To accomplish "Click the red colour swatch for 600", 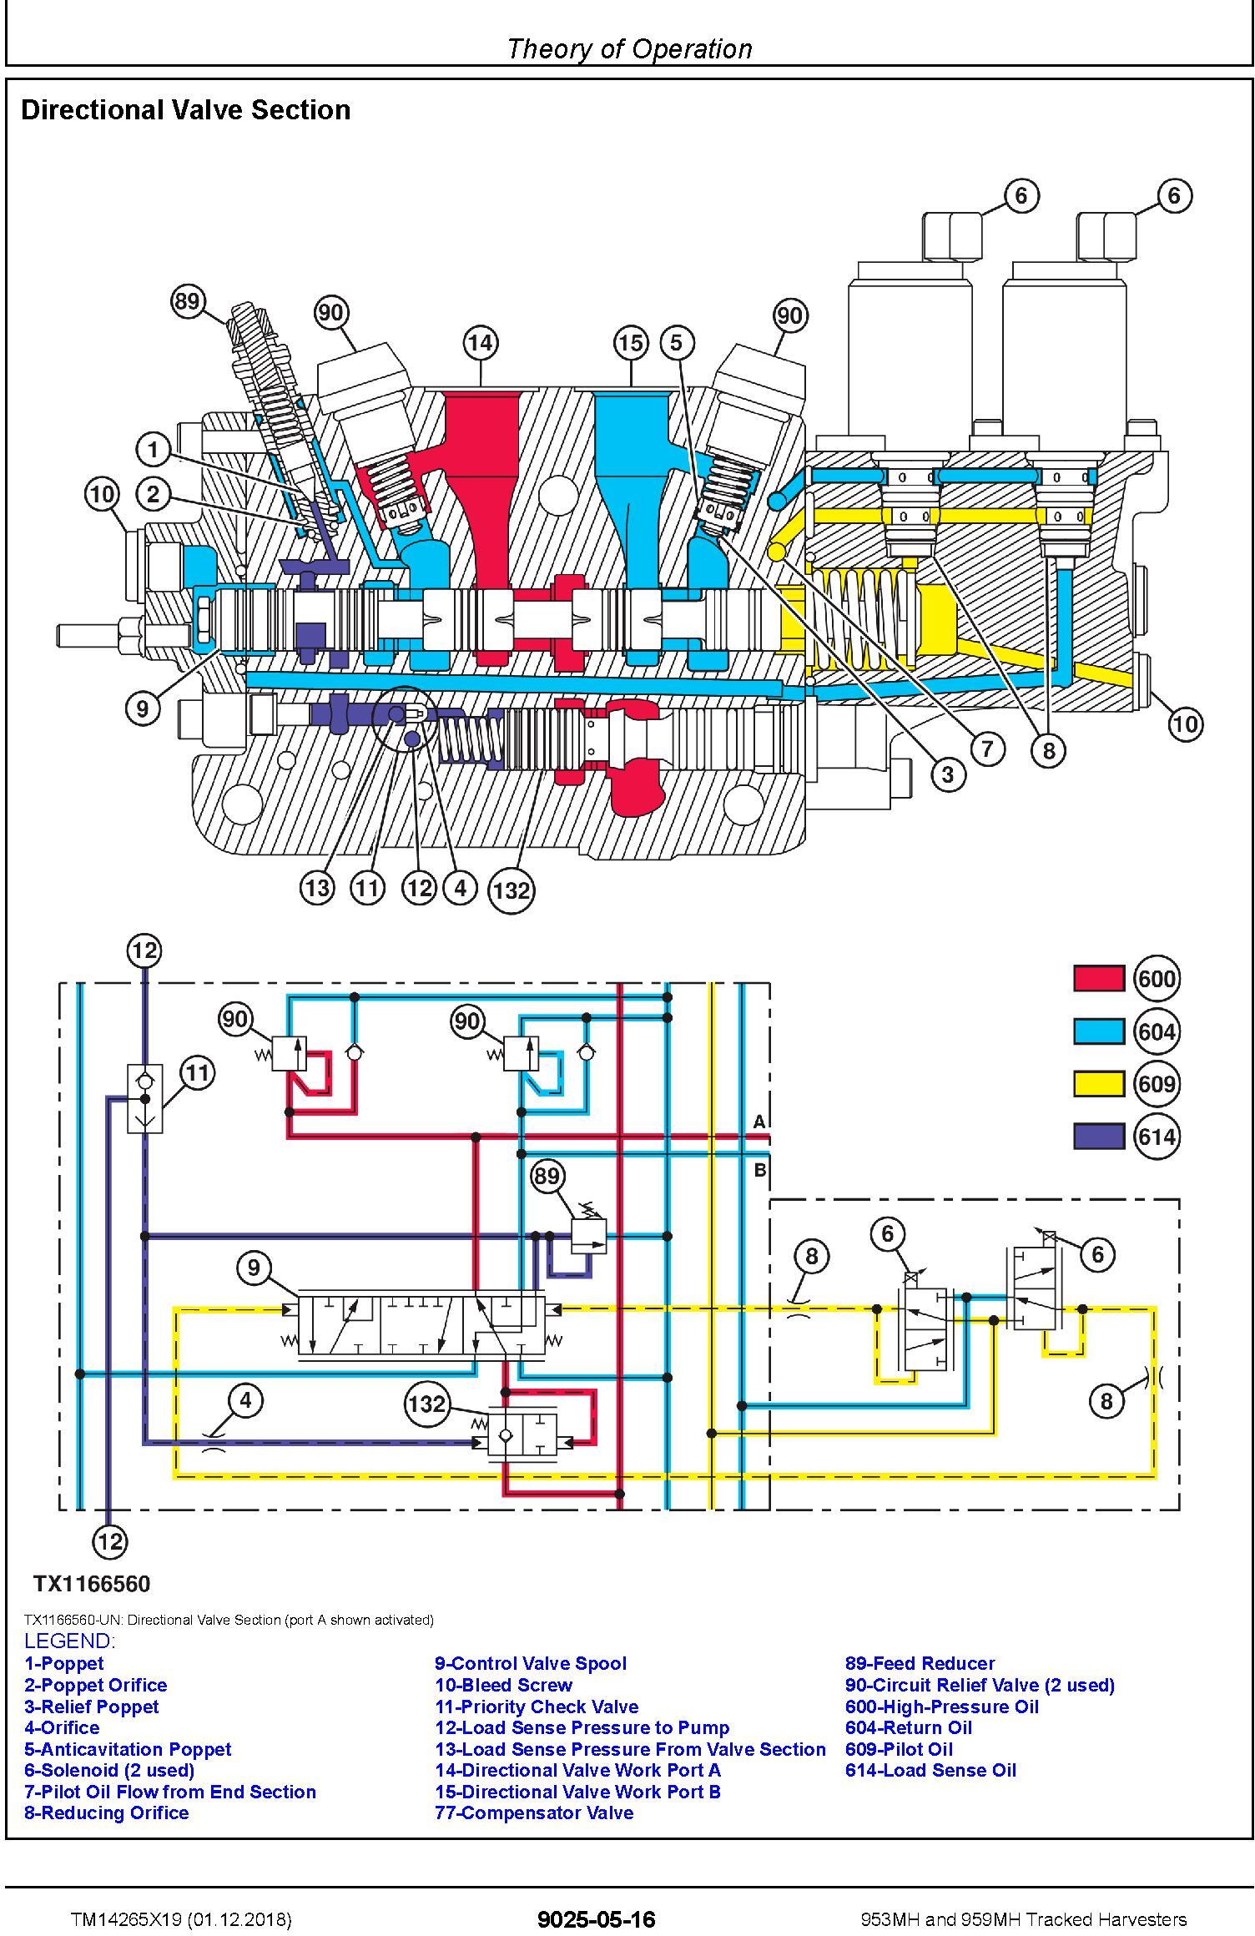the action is (1099, 978).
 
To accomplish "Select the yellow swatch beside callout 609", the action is (1099, 1083).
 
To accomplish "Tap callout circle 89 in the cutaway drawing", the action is (188, 300).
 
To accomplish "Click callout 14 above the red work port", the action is (481, 343).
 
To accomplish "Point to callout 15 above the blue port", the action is (631, 343).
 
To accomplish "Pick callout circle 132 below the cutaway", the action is (512, 890).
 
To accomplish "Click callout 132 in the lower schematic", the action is (427, 1404).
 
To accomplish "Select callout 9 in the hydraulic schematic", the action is (254, 1268).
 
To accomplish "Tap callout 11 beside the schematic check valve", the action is (197, 1072).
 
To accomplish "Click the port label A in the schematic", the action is (759, 1122).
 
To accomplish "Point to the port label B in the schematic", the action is (760, 1170).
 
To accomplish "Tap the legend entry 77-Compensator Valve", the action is (534, 1813).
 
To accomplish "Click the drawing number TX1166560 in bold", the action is (92, 1584).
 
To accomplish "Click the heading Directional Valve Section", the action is (185, 110).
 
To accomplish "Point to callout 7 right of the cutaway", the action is (988, 748).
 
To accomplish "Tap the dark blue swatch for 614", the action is (1099, 1137).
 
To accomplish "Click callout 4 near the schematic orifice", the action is (245, 1400).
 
